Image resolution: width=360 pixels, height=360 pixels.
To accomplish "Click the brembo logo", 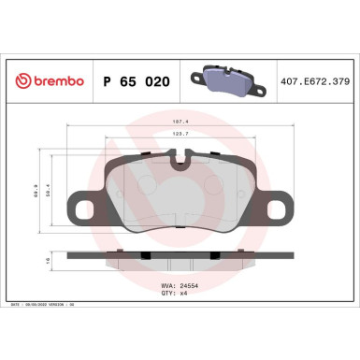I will tap(45, 81).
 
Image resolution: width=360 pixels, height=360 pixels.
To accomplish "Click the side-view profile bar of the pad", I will tap(178, 256).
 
